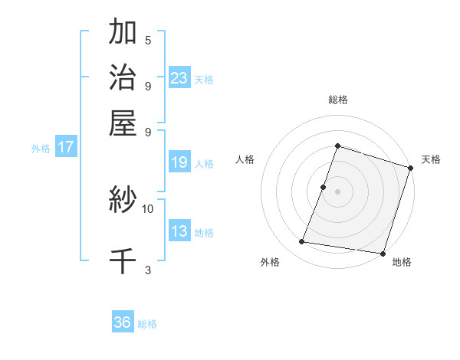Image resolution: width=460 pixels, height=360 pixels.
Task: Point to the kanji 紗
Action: coord(123,201)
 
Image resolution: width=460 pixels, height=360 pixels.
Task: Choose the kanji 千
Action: coord(123,260)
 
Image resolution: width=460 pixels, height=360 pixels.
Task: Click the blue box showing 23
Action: coord(179,77)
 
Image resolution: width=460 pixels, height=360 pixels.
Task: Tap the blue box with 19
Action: coord(179,162)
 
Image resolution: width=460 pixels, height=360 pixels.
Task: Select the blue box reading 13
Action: coord(179,231)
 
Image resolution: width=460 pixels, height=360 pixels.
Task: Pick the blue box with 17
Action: coord(66,147)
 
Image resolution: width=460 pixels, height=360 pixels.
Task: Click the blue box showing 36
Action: coord(123,322)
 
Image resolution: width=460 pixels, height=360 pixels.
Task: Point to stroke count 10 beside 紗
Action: coord(148,208)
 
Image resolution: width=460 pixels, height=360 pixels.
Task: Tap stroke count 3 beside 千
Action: coord(148,270)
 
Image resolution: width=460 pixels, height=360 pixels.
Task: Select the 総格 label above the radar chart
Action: coord(337,100)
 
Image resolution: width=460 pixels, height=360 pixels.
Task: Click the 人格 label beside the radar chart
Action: coord(245,159)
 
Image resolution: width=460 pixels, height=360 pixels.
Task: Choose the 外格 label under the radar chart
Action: coord(270,262)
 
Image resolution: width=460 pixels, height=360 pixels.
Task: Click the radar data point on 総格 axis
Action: coord(337,146)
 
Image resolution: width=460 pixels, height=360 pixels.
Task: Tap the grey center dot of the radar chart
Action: coord(337,191)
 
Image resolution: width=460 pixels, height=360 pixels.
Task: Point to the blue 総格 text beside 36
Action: coord(147,324)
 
